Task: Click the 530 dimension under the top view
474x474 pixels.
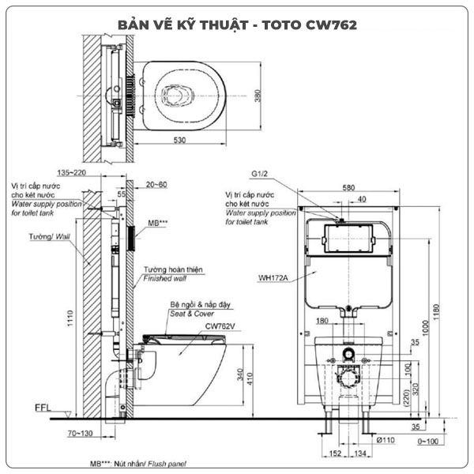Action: click(x=179, y=141)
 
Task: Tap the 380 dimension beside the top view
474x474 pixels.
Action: click(x=258, y=96)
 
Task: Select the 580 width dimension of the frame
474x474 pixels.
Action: click(x=348, y=188)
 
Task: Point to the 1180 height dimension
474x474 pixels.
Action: click(x=436, y=313)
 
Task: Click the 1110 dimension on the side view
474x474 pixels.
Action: click(x=70, y=318)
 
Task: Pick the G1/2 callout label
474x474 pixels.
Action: click(x=260, y=174)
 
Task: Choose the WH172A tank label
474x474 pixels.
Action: click(x=273, y=278)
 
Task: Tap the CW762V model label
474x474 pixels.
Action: click(x=220, y=326)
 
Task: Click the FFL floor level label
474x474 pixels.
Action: click(x=43, y=408)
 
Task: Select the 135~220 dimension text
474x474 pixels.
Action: click(x=72, y=172)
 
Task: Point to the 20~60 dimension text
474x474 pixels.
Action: click(x=156, y=184)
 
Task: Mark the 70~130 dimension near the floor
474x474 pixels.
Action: click(x=80, y=433)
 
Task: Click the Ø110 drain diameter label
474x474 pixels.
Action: click(x=386, y=440)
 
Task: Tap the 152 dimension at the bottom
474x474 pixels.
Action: click(x=335, y=453)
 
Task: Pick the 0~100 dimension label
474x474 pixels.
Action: click(x=427, y=442)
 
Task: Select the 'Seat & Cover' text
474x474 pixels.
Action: click(x=192, y=314)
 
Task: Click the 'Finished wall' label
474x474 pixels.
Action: click(x=165, y=278)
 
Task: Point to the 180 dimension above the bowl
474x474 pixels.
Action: click(x=322, y=321)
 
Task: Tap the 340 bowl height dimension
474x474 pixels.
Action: click(x=240, y=374)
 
